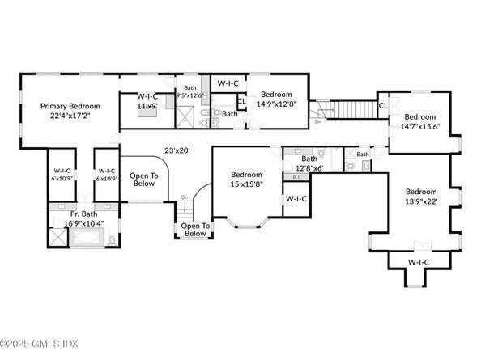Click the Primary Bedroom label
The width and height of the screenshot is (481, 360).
(x=72, y=112)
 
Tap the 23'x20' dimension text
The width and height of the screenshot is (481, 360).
(x=177, y=150)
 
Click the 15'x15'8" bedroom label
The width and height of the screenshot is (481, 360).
(x=246, y=180)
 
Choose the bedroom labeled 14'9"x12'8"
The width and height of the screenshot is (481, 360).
(x=275, y=99)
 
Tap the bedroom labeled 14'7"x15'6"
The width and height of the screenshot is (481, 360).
(x=421, y=121)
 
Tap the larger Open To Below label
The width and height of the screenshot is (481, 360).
(x=143, y=179)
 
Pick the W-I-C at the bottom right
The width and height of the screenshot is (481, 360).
(x=419, y=262)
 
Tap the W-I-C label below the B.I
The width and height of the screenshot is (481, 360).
(x=296, y=198)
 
